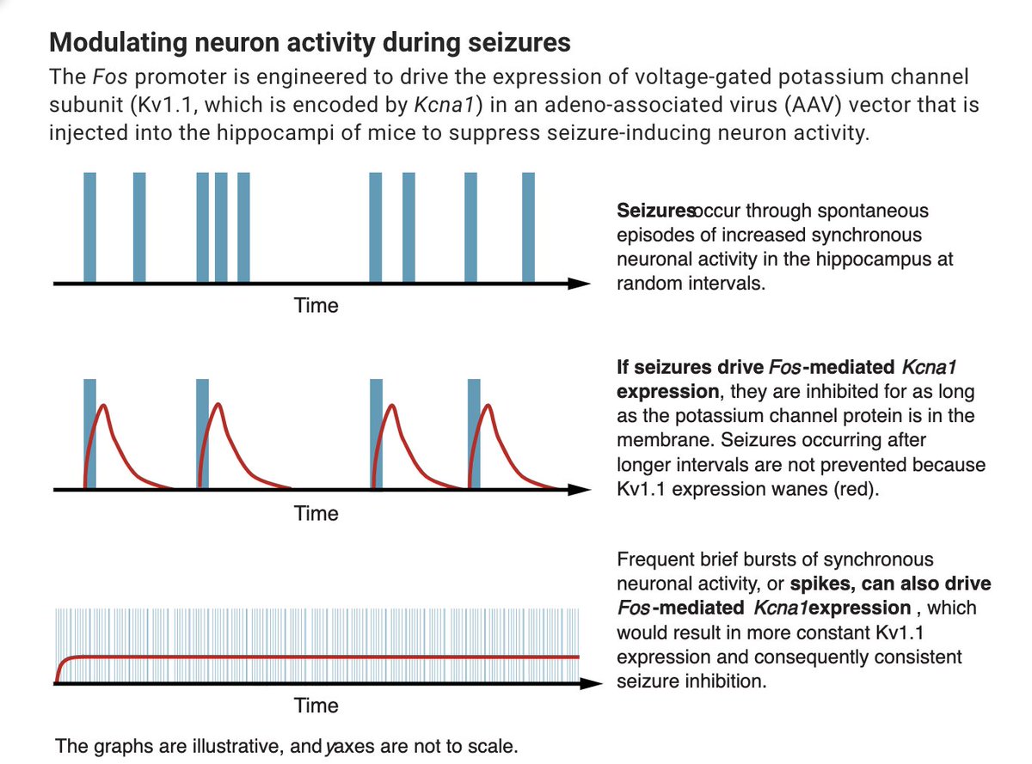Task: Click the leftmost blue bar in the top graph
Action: pos(89,227)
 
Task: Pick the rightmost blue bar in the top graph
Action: pos(528,227)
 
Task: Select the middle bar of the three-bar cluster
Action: pos(222,227)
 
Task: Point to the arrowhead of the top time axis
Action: pos(583,283)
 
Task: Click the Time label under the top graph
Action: pos(316,306)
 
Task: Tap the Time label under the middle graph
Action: pos(316,514)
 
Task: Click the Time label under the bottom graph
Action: pos(316,706)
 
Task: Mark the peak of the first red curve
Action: pos(104,406)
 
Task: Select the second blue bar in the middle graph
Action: pos(202,433)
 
